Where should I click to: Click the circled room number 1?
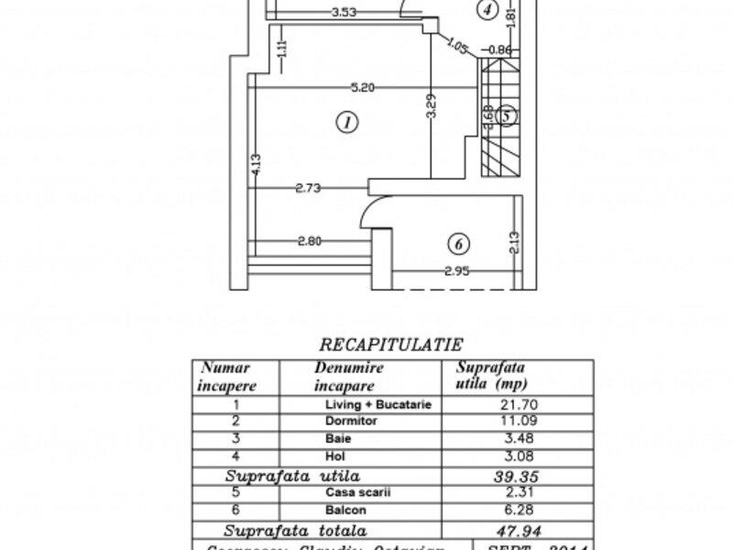[345, 122]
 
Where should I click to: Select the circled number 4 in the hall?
[491, 11]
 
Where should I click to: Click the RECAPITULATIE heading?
[390, 346]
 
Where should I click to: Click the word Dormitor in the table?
[346, 422]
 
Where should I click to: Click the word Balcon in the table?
[342, 511]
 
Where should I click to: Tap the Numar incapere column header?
[226, 376]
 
